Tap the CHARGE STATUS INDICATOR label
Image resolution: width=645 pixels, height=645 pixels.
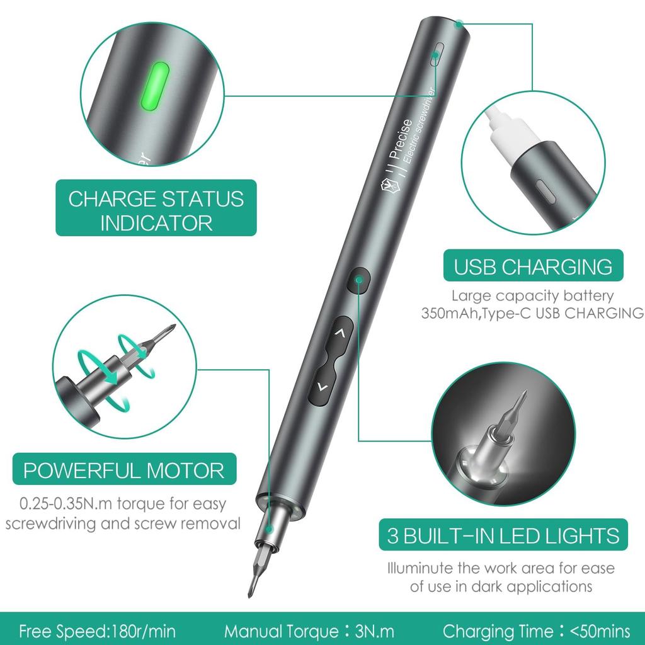pos(156,210)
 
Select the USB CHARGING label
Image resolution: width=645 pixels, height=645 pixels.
pos(533,266)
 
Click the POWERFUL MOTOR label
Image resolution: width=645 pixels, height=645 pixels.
pos(124,470)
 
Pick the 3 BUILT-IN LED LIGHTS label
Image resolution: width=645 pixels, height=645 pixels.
pos(503,536)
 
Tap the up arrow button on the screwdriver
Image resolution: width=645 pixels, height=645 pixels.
pos(340,333)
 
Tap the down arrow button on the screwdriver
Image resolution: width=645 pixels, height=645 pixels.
pos(322,387)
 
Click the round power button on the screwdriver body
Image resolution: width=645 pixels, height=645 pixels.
pos(358,280)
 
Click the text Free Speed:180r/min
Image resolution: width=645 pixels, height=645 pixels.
pos(97,631)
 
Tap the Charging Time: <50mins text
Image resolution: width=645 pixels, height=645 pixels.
pos(536,631)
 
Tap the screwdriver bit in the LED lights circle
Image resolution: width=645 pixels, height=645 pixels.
pos(513,412)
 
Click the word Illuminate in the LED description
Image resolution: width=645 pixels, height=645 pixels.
pos(420,568)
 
